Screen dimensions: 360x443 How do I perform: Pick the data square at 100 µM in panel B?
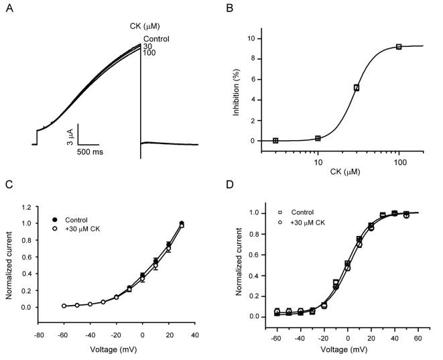point(399,46)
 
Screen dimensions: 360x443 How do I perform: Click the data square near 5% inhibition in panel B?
point(357,87)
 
